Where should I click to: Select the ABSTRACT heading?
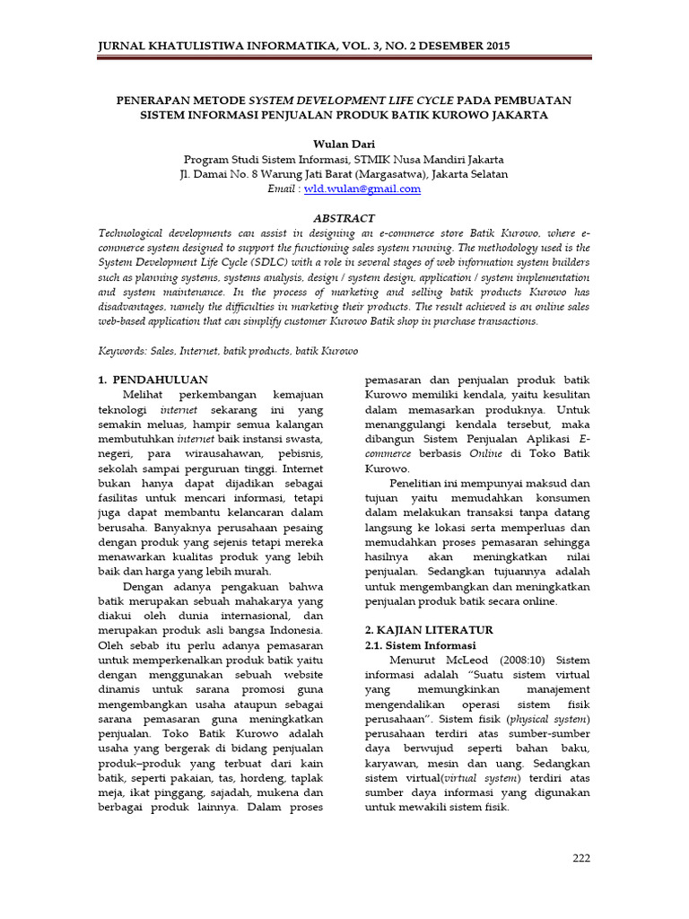pyautogui.click(x=344, y=218)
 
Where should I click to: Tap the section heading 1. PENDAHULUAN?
pyautogui.click(x=152, y=380)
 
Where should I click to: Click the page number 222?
pyautogui.click(x=581, y=859)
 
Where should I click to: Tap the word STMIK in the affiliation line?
pyautogui.click(x=381, y=159)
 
